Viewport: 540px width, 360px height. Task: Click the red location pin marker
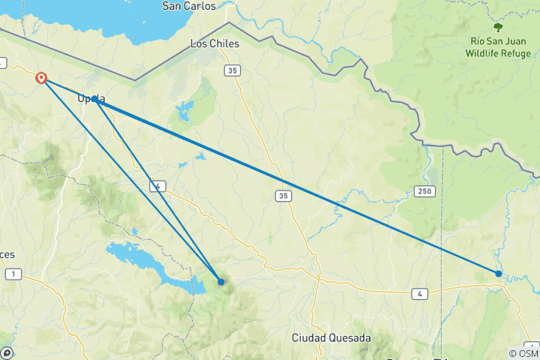click(x=41, y=77)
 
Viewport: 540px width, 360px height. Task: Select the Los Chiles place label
click(x=214, y=43)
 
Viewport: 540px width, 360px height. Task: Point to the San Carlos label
click(x=189, y=6)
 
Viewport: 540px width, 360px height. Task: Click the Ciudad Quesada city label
click(x=331, y=338)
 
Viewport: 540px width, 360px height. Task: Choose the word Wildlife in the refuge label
click(x=489, y=53)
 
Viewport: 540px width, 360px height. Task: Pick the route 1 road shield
click(x=13, y=274)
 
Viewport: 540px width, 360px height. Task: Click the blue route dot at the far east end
click(x=499, y=274)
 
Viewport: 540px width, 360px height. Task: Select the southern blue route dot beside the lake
click(x=221, y=282)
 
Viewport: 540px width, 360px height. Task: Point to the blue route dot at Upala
click(x=95, y=99)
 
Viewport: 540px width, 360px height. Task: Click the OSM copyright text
click(x=524, y=353)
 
